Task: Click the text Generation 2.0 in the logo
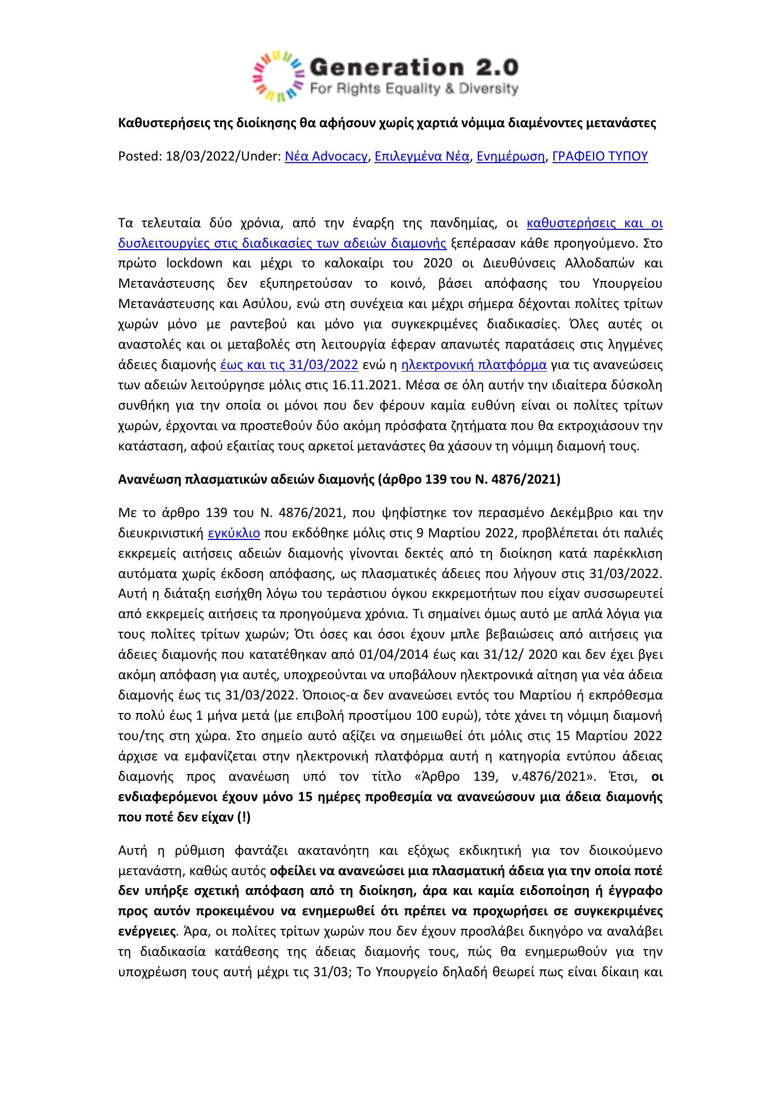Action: pos(414,67)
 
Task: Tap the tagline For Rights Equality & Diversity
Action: pos(414,89)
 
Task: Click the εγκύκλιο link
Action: pos(234,534)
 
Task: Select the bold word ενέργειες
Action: pos(146,930)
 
